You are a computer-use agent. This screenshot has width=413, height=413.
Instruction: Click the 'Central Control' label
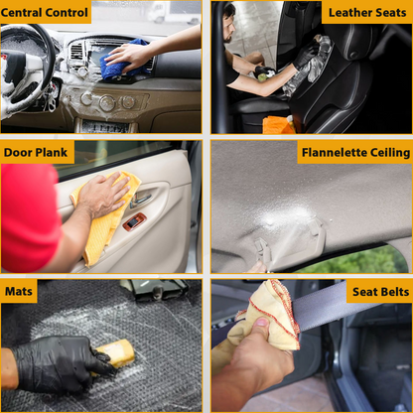tap(45, 13)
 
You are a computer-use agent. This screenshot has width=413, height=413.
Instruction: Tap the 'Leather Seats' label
tap(367, 13)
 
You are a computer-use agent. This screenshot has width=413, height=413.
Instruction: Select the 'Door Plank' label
tap(36, 152)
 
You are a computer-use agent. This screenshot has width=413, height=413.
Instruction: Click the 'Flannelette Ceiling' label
tap(355, 152)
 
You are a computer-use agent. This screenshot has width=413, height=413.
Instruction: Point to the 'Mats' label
tap(19, 291)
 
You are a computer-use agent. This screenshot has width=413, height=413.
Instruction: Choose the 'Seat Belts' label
tap(380, 292)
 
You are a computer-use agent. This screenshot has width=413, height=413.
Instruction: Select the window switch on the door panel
tap(134, 221)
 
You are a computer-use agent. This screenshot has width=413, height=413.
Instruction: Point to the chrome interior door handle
tap(141, 200)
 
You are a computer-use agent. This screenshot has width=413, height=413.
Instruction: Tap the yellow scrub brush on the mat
tap(116, 354)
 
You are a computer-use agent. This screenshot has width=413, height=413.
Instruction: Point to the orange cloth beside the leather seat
tap(277, 125)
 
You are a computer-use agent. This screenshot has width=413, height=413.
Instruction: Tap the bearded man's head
tap(229, 23)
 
